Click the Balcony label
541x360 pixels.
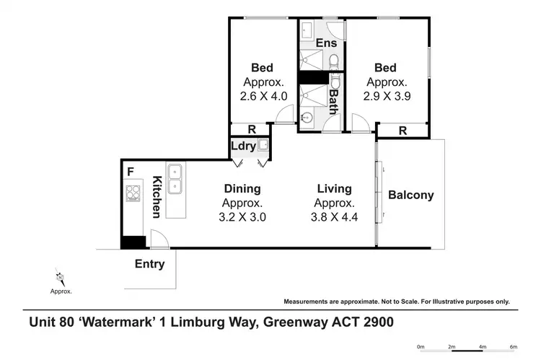(x=410, y=195)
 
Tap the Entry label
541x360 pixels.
(x=150, y=264)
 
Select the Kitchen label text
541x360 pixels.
(x=155, y=197)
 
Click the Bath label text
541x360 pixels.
(x=333, y=101)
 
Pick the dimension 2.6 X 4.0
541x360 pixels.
(x=264, y=95)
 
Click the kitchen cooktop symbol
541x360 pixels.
(x=133, y=193)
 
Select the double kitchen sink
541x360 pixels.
(x=175, y=179)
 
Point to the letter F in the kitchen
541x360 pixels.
(x=130, y=172)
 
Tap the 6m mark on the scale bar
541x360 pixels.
(x=514, y=347)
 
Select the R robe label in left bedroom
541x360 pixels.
(x=250, y=129)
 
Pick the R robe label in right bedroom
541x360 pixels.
(x=402, y=131)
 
